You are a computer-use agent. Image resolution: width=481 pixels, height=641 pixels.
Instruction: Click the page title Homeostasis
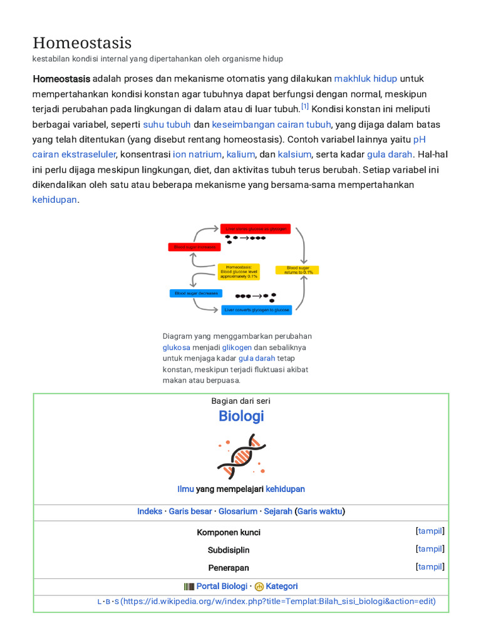[82, 43]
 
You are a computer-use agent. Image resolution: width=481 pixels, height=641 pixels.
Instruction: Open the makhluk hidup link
[365, 78]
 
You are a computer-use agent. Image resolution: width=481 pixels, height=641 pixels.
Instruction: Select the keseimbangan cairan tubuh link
[271, 124]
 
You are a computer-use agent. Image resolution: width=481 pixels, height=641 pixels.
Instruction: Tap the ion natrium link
[197, 154]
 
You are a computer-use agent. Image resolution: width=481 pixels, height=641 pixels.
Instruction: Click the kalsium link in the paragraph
[294, 154]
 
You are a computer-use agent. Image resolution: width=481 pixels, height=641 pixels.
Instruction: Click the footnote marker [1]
[305, 106]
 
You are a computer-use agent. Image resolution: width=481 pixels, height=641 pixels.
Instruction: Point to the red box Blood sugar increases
[195, 247]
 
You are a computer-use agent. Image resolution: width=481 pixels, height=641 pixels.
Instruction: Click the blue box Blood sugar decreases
[196, 293]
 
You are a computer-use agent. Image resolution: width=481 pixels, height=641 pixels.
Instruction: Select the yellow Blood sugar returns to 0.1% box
[297, 270]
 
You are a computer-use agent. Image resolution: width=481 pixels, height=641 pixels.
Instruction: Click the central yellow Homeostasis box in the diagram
[239, 271]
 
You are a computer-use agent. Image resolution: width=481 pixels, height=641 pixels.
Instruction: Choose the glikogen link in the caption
[237, 347]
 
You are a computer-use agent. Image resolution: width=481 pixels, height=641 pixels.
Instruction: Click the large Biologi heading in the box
[241, 416]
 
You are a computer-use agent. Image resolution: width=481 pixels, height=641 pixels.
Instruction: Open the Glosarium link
[237, 511]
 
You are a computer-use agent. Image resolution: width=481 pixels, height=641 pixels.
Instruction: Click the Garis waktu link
[321, 511]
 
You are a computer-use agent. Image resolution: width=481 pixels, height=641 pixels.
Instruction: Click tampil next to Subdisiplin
[430, 549]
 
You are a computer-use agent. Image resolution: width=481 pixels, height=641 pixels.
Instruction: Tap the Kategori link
[282, 587]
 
